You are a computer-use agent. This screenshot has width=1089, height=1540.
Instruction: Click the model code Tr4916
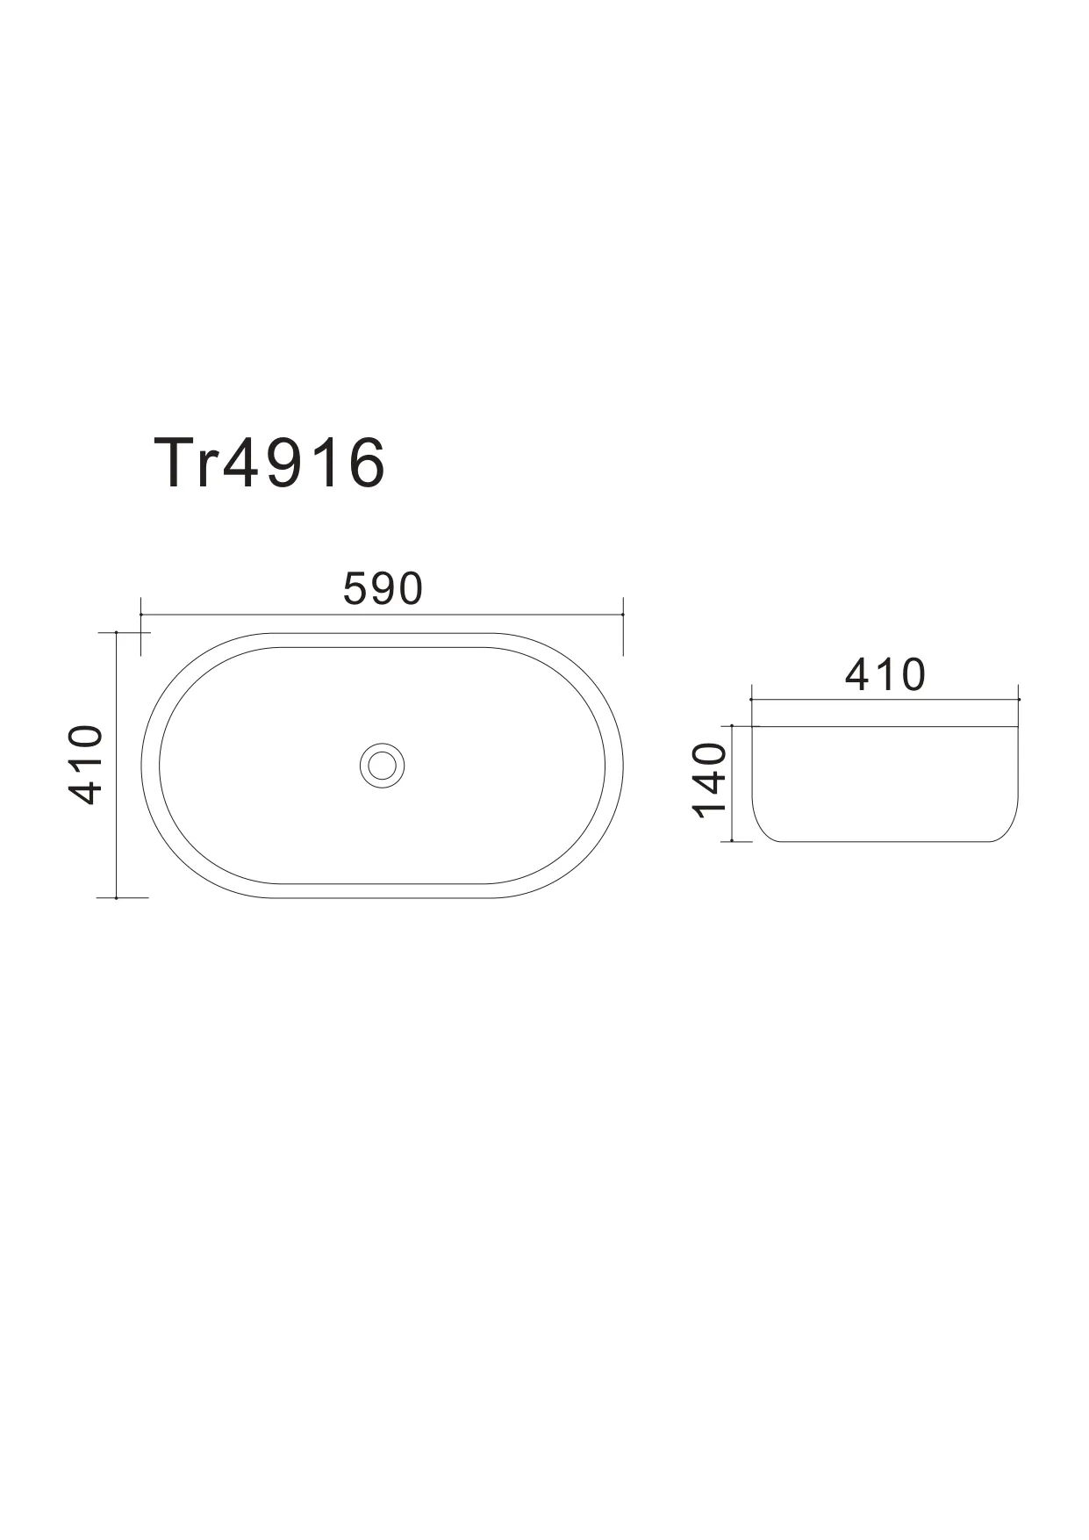point(269,464)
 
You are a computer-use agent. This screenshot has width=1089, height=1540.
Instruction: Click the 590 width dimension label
point(383,589)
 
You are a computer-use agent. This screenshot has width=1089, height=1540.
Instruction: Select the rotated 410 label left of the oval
point(86,765)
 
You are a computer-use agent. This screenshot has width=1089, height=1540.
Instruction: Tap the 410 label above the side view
point(885,674)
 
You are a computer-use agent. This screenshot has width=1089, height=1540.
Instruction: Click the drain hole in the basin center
point(382,764)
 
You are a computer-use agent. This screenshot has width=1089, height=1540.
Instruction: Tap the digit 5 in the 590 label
point(355,589)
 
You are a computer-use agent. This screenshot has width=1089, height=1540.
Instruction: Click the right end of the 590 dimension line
point(622,615)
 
